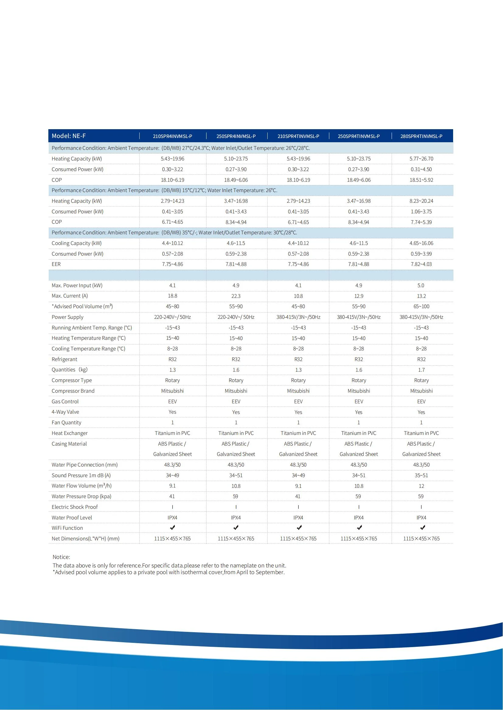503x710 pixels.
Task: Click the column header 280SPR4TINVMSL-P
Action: click(x=421, y=136)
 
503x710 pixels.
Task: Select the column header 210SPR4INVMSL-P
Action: click(x=172, y=136)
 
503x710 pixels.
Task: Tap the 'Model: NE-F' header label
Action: click(x=69, y=136)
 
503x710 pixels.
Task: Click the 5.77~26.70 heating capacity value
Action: click(x=421, y=159)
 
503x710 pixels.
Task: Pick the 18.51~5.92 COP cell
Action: click(x=421, y=180)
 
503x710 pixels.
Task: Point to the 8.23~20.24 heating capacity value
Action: click(x=421, y=201)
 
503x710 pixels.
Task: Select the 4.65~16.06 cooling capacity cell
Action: click(x=421, y=243)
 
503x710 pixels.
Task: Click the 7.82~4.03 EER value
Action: click(x=421, y=264)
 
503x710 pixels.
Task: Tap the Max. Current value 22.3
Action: click(x=236, y=296)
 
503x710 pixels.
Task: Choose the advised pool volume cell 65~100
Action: click(x=421, y=306)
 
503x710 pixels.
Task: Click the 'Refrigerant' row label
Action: click(x=64, y=359)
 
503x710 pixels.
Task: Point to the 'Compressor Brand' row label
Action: click(x=73, y=391)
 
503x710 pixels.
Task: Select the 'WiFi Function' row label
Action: click(x=67, y=528)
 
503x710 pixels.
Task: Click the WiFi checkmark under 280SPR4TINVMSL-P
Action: click(x=422, y=527)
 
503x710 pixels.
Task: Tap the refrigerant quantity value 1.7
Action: click(x=421, y=370)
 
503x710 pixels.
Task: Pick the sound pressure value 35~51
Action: click(x=421, y=475)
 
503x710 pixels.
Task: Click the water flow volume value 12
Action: click(x=421, y=486)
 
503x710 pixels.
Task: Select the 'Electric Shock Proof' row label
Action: click(x=75, y=507)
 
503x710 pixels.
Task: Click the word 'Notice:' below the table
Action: click(x=61, y=557)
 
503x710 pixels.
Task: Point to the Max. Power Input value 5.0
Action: click(x=421, y=285)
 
